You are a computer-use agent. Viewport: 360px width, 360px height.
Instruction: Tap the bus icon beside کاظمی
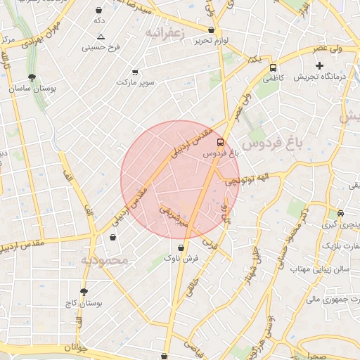click(273, 68)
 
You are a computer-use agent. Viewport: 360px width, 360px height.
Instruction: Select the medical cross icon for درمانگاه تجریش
click(319, 65)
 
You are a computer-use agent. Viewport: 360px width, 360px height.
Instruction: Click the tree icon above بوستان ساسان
click(32, 77)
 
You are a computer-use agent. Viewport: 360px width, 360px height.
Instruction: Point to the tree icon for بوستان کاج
click(84, 292)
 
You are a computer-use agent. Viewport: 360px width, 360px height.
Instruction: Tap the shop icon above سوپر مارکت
click(135, 72)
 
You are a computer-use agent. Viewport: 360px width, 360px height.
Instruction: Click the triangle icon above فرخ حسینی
click(101, 37)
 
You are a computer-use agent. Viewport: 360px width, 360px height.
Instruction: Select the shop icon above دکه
click(98, 11)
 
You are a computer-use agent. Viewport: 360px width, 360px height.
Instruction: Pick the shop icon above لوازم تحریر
click(211, 30)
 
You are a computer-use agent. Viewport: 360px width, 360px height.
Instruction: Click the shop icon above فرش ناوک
click(182, 247)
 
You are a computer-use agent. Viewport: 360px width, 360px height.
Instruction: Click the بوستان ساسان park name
click(32, 89)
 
